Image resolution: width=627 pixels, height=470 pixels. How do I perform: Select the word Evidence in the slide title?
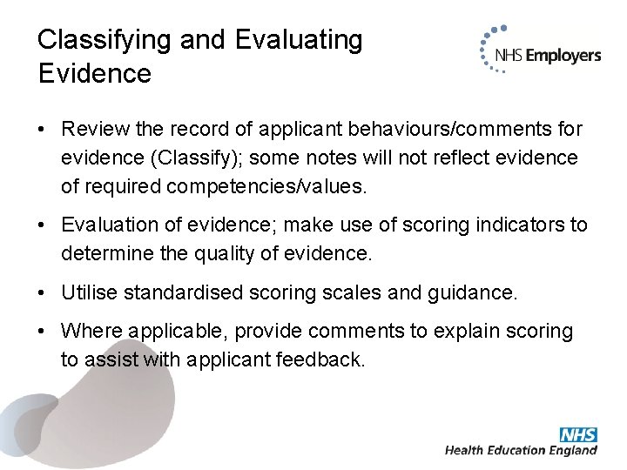95,73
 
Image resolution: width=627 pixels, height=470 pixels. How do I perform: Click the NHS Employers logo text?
547,56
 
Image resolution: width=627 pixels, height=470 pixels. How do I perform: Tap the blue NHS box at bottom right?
579,434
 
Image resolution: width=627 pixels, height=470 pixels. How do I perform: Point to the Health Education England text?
521,451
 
